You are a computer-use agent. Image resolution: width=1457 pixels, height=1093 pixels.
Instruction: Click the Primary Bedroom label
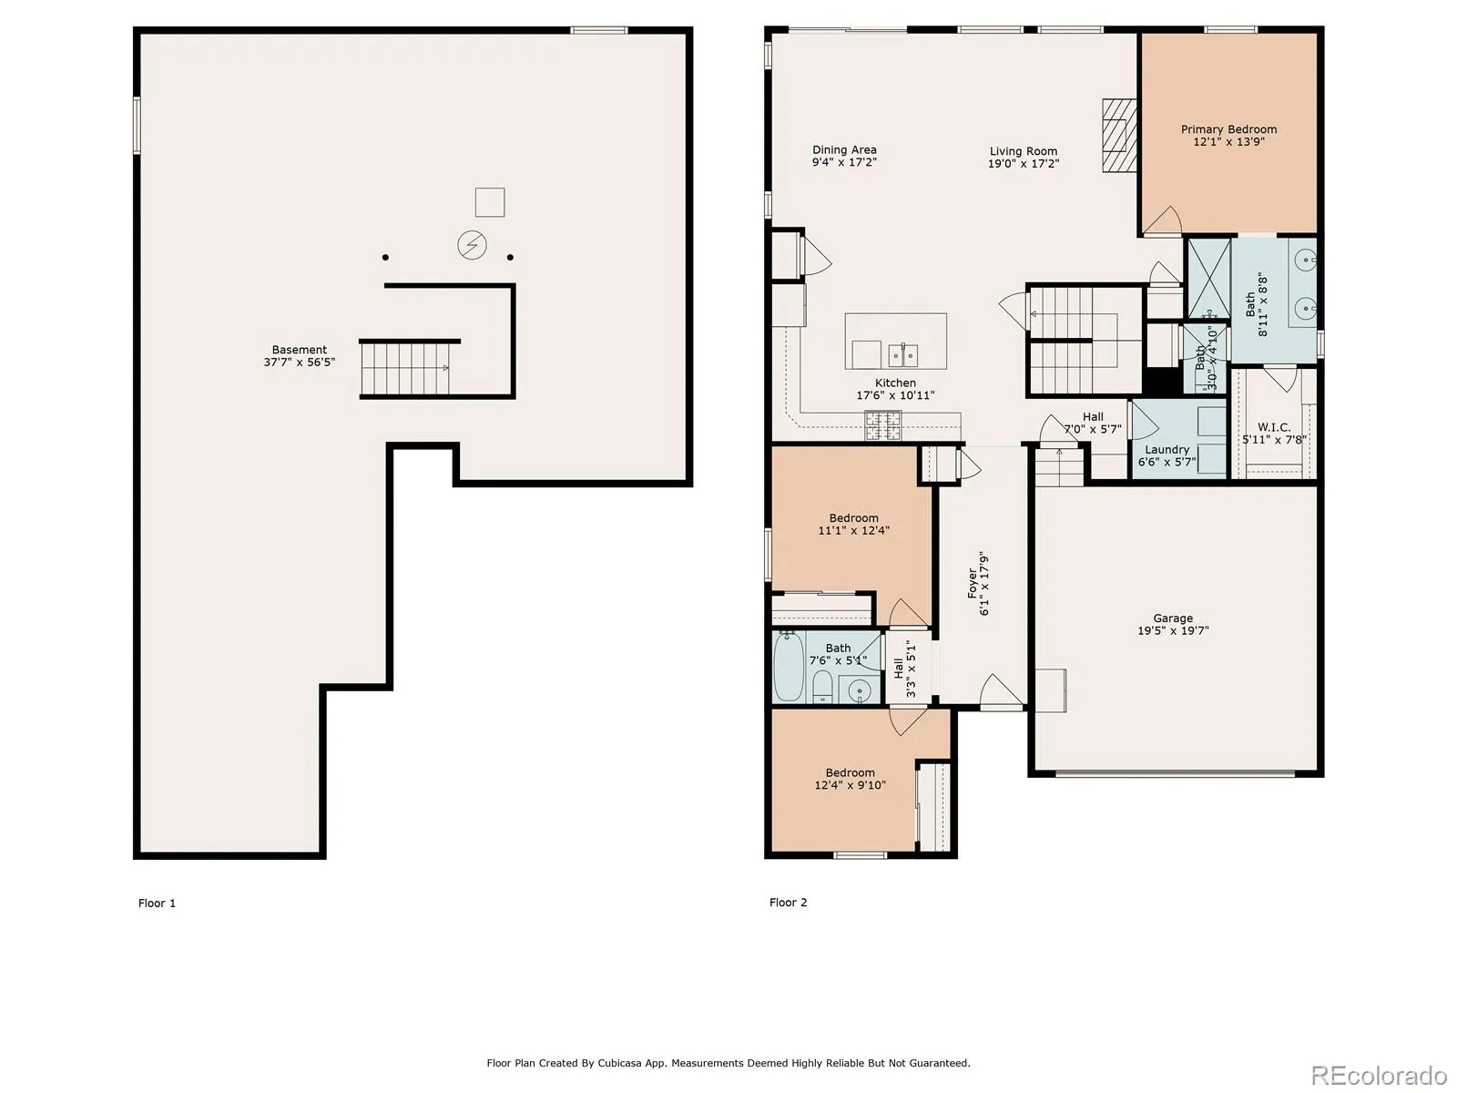pyautogui.click(x=1228, y=129)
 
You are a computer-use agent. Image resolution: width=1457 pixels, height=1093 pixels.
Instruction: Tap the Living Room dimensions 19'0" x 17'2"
pyautogui.click(x=1023, y=163)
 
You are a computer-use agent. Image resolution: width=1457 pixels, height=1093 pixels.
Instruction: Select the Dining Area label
pyautogui.click(x=843, y=150)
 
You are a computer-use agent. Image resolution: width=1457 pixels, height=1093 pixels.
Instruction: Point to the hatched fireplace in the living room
pyautogui.click(x=1119, y=136)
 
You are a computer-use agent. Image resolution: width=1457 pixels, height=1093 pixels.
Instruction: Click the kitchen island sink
pyautogui.click(x=902, y=355)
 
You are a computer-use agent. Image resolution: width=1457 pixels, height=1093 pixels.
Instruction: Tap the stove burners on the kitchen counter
pyautogui.click(x=882, y=425)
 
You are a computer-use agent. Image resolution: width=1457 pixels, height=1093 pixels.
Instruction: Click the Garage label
pyautogui.click(x=1172, y=618)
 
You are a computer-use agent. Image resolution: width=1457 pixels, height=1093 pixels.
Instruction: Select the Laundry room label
pyautogui.click(x=1167, y=449)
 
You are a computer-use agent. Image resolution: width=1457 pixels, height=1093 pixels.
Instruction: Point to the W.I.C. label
pyautogui.click(x=1273, y=427)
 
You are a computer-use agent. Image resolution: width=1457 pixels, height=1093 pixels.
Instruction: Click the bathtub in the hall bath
pyautogui.click(x=789, y=666)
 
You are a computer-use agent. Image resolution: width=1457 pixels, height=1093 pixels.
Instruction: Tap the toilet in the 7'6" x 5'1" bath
pyautogui.click(x=821, y=687)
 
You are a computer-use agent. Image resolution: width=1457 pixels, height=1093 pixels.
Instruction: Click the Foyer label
pyautogui.click(x=973, y=583)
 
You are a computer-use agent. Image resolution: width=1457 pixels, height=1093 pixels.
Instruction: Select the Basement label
pyautogui.click(x=299, y=350)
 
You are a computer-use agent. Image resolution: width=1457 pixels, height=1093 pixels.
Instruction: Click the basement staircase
pyautogui.click(x=405, y=369)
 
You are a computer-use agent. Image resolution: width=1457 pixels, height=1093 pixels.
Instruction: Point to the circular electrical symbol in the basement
pyautogui.click(x=472, y=245)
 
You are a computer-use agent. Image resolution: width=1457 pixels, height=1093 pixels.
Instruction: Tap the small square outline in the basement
pyautogui.click(x=490, y=202)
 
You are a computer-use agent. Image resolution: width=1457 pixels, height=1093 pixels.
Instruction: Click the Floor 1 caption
pyautogui.click(x=157, y=904)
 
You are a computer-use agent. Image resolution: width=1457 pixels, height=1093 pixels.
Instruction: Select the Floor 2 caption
pyautogui.click(x=788, y=903)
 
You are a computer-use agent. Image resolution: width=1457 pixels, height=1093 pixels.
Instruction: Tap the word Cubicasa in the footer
pyautogui.click(x=619, y=1063)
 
